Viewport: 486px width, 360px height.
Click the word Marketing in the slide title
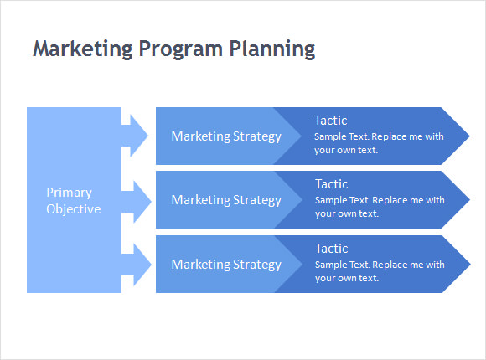pyautogui.click(x=83, y=49)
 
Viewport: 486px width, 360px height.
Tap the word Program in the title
pyautogui.click(x=181, y=49)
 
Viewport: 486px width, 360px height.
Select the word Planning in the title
pyautogui.click(x=272, y=49)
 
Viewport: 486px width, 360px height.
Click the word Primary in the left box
pyautogui.click(x=69, y=193)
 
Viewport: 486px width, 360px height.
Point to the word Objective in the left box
pyautogui.click(x=74, y=208)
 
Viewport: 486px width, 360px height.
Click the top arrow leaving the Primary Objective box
pyautogui.click(x=135, y=136)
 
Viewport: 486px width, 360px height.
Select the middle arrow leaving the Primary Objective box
pyautogui.click(x=136, y=202)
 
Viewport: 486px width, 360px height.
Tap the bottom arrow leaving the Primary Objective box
pyautogui.click(x=136, y=265)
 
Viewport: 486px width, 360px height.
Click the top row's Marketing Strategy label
pyautogui.click(x=226, y=136)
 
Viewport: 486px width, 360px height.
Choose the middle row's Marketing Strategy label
pyautogui.click(x=226, y=200)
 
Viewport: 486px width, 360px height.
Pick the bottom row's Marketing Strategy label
pyautogui.click(x=226, y=265)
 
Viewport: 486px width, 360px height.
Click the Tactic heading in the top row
pyautogui.click(x=331, y=121)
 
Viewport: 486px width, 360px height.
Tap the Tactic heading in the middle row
pyautogui.click(x=331, y=184)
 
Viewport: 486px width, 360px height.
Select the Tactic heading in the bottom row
pyautogui.click(x=331, y=249)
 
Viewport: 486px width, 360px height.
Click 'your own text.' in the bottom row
pyautogui.click(x=347, y=278)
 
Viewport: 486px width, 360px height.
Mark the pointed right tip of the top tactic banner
pyautogui.click(x=470, y=136)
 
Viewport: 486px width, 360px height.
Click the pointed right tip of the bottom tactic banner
pyautogui.click(x=471, y=265)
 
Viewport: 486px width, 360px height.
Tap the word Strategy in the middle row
pyautogui.click(x=257, y=200)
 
